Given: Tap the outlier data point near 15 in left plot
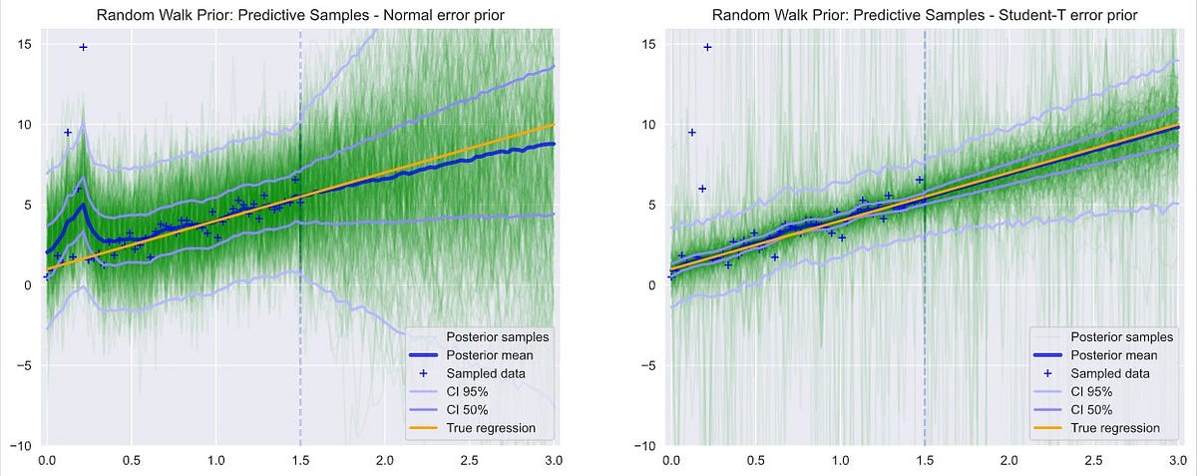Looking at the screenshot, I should pyautogui.click(x=83, y=47).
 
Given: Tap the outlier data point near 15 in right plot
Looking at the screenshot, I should pyautogui.click(x=707, y=47).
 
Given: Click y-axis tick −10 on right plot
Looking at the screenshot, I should pyautogui.click(x=644, y=445).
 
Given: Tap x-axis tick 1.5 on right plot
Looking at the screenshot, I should pyautogui.click(x=925, y=462).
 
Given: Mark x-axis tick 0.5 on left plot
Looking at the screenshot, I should pyautogui.click(x=131, y=462).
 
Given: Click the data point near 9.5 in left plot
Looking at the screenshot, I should pyautogui.click(x=68, y=132).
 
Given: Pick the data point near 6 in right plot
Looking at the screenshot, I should pyautogui.click(x=701, y=189).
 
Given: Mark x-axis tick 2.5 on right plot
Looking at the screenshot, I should pyautogui.click(x=1093, y=462).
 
